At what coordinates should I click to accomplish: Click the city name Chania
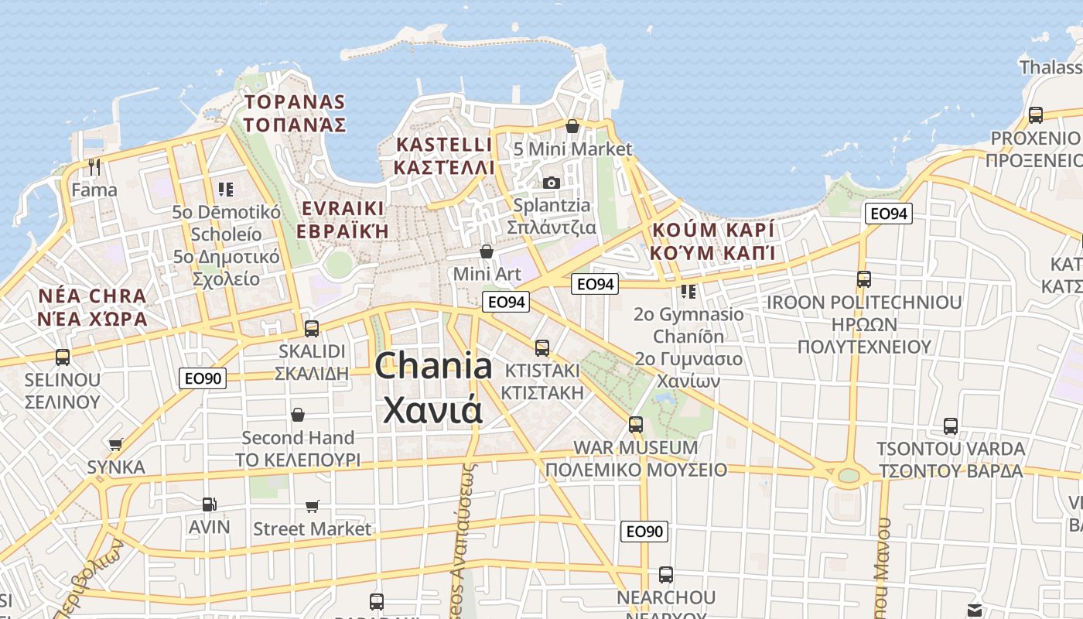coord(433,366)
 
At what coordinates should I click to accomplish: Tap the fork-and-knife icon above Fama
coord(94,166)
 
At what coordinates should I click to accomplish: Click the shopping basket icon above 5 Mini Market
coord(572,126)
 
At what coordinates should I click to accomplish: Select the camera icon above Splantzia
coord(552,183)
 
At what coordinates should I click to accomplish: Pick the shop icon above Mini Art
coord(487,251)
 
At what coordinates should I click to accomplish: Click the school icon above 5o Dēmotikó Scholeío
coord(226,189)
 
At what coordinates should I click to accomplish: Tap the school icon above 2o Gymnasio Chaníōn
coord(688,291)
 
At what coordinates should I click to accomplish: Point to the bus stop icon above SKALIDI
coord(312,328)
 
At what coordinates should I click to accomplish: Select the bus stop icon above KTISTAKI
coord(542,347)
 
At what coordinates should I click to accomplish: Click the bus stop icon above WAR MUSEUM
coord(636,424)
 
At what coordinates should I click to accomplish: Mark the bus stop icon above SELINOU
coord(63,357)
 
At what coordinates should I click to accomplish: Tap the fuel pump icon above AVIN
coord(209,504)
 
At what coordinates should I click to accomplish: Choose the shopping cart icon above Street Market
coord(313,506)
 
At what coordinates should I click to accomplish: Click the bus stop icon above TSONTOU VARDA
coord(951,426)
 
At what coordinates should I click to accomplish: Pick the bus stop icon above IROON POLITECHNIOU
coord(864,279)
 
